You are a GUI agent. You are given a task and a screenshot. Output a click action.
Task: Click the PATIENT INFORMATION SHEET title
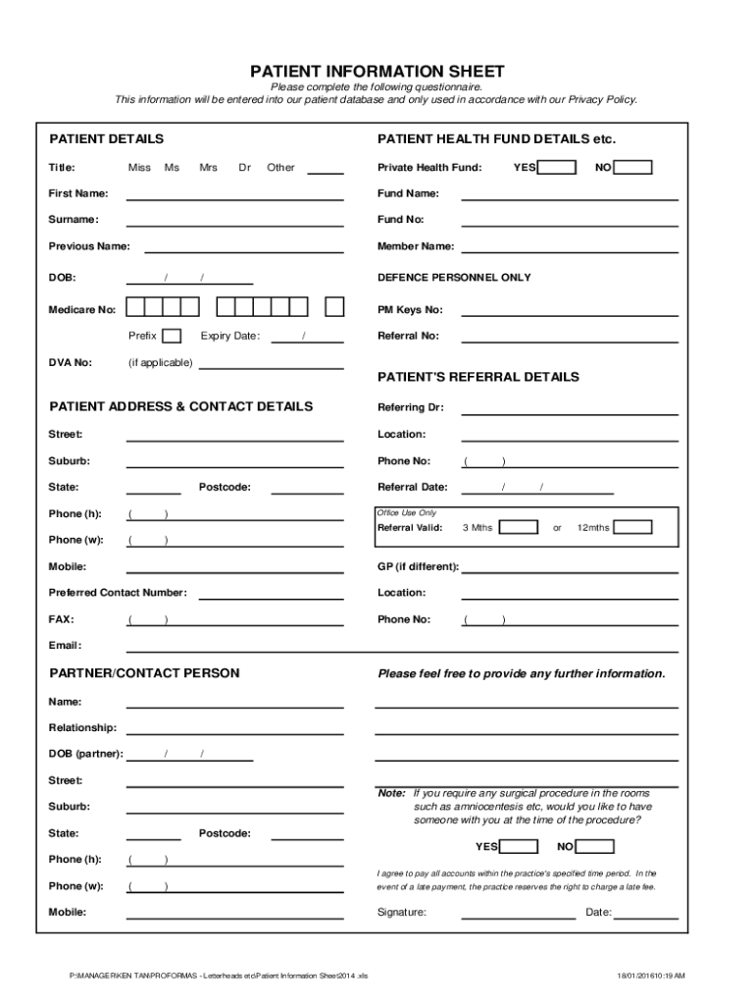377,72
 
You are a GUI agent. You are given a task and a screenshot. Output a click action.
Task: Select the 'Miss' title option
139,168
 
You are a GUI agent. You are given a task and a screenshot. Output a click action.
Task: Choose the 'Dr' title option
244,168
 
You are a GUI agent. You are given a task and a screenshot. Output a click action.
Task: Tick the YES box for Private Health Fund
556,168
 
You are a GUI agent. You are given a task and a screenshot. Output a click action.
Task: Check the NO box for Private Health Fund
633,168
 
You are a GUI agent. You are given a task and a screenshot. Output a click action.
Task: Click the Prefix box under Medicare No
172,336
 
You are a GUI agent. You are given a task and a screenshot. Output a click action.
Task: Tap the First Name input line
235,194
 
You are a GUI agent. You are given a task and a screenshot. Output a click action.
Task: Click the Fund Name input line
569,194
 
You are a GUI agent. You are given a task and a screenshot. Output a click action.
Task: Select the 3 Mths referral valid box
519,528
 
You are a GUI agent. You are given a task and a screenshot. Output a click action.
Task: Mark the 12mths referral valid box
632,528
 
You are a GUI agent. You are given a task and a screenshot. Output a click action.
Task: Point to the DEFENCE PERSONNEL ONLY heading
454,278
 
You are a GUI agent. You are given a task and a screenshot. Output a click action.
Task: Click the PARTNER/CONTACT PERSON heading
144,673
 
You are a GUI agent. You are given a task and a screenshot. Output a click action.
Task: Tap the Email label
65,646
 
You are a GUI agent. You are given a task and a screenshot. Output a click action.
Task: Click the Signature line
518,914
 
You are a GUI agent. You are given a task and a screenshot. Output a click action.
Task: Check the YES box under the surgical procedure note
519,847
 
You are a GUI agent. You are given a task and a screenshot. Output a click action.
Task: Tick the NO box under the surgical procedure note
595,847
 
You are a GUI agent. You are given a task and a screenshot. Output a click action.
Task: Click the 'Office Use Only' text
407,513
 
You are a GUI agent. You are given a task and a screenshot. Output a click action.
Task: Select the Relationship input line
235,729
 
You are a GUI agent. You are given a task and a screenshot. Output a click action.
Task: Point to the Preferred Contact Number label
118,593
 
